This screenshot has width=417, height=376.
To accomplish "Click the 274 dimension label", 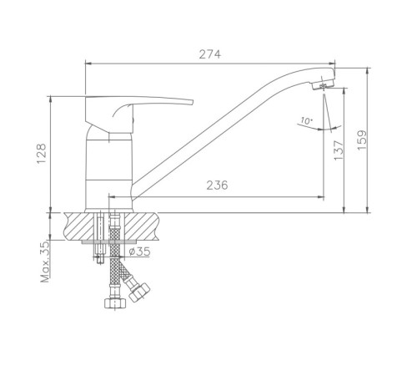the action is [210, 54].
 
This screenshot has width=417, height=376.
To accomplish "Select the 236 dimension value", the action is [217, 185].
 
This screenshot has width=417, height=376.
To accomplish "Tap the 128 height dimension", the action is [42, 154].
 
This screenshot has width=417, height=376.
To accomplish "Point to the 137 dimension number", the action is [339, 150].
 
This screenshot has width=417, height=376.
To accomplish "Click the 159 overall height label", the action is [362, 140].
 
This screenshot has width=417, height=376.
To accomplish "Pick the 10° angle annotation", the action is [306, 121].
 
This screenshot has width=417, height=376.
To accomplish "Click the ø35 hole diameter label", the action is [139, 252].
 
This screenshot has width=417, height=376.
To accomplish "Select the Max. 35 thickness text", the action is [45, 262].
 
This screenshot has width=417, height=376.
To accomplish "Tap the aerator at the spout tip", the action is [323, 84].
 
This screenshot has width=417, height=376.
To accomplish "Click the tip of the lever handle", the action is [192, 102].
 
